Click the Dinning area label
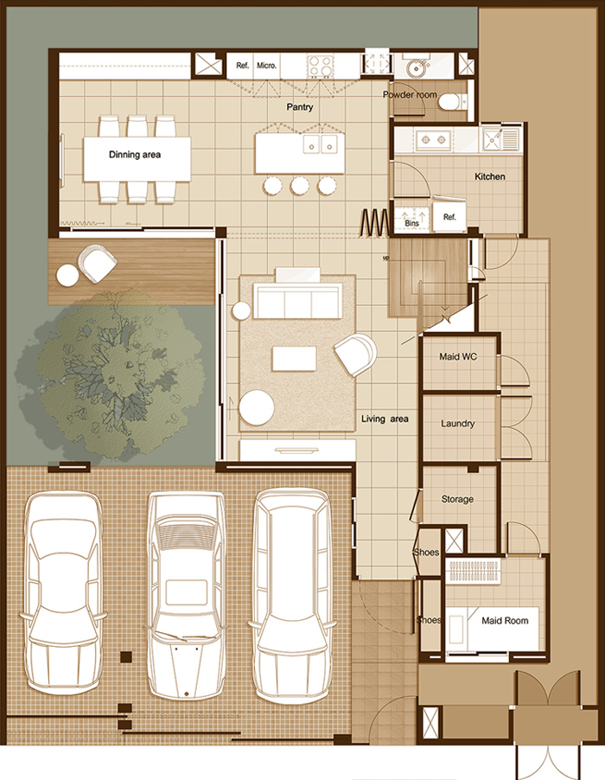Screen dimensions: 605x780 [x=135, y=155]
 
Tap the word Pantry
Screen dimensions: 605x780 [x=300, y=107]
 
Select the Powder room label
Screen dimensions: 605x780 [x=410, y=94]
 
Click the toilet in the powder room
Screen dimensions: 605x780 [x=451, y=102]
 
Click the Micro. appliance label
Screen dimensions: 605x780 [x=266, y=65]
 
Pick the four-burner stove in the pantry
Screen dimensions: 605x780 [x=320, y=67]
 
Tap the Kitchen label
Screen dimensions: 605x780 [x=490, y=176]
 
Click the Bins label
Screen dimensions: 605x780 [x=411, y=223]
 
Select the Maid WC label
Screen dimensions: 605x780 [x=458, y=356]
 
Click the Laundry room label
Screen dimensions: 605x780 [x=458, y=424]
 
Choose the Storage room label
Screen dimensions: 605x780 [x=457, y=499]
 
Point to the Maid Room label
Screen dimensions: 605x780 [x=505, y=621]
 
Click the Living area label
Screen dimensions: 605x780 [x=385, y=419]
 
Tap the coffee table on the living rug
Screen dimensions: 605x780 [x=295, y=359]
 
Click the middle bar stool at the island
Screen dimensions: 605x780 [x=300, y=186]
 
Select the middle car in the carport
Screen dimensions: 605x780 [x=186, y=595]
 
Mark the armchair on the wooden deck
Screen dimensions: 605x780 [x=97, y=263]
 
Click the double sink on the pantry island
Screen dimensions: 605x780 [x=321, y=144]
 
